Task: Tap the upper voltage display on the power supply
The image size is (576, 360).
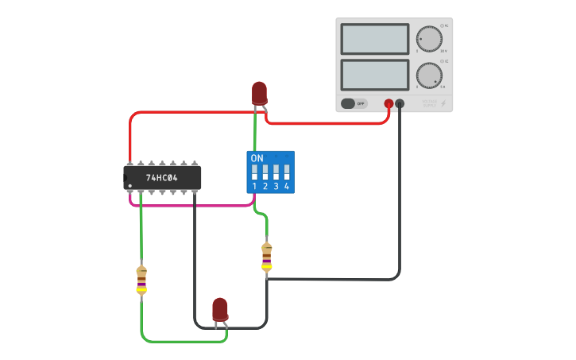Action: pos(374,39)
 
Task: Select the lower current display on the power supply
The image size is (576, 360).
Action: pos(374,75)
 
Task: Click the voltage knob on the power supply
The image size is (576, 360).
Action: pos(429,39)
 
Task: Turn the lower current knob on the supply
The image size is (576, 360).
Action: pos(429,75)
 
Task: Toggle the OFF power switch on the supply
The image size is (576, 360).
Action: pos(354,103)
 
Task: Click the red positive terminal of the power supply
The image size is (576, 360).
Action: pos(389,103)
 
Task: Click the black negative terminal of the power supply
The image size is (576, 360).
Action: pos(400,103)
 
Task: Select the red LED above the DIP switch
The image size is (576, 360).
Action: pos(259,93)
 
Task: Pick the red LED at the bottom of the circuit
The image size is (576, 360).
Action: pos(220,309)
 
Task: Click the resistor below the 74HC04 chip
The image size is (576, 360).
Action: pos(141,281)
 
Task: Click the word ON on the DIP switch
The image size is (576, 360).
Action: pos(257,158)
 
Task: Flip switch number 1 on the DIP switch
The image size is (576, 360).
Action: pos(255,172)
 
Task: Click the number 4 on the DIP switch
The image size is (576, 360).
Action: pos(286,186)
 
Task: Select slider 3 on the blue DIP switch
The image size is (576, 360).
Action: pos(276,172)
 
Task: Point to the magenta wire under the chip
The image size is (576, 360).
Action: pos(191,205)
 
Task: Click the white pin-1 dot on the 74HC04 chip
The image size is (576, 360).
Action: pos(130,186)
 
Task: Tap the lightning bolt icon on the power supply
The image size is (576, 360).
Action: pos(443,103)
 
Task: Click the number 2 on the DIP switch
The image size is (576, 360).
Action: pos(265,186)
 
